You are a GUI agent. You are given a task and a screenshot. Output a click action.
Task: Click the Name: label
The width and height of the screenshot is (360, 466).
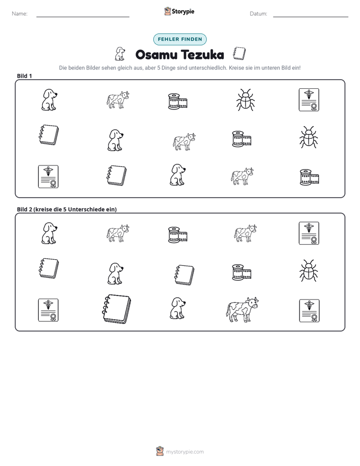(20, 14)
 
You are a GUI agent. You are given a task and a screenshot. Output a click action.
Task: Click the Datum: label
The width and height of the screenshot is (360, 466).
(259, 14)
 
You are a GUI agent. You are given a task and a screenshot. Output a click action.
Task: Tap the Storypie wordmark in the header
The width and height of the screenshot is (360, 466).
(183, 12)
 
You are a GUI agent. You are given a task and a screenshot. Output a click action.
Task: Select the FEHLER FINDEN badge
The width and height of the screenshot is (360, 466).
(180, 39)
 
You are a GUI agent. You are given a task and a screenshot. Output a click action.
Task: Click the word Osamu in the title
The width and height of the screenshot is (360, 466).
(156, 54)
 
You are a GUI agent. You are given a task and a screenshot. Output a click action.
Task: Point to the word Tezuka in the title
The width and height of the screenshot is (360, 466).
(202, 54)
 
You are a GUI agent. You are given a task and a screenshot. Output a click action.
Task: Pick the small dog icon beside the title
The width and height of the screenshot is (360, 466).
(119, 54)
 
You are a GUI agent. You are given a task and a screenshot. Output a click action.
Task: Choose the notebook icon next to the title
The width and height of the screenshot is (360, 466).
(239, 53)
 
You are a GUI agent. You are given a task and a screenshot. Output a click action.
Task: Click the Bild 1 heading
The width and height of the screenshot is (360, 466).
(24, 76)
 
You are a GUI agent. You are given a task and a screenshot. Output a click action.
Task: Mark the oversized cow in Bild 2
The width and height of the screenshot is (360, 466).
(242, 310)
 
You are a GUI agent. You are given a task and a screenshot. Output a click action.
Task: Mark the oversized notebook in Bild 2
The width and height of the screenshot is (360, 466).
(116, 309)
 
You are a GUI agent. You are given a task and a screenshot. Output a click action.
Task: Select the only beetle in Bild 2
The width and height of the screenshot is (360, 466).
(309, 271)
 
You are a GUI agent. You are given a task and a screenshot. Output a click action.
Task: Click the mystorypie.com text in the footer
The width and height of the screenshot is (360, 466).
(185, 452)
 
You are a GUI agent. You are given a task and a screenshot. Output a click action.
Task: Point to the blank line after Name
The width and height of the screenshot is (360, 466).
(83, 17)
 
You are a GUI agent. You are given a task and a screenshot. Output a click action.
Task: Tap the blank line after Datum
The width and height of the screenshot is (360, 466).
(311, 17)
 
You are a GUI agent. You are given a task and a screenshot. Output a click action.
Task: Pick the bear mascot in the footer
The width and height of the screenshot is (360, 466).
(160, 451)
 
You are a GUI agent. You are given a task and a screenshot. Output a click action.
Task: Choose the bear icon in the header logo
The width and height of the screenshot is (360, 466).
(168, 11)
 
